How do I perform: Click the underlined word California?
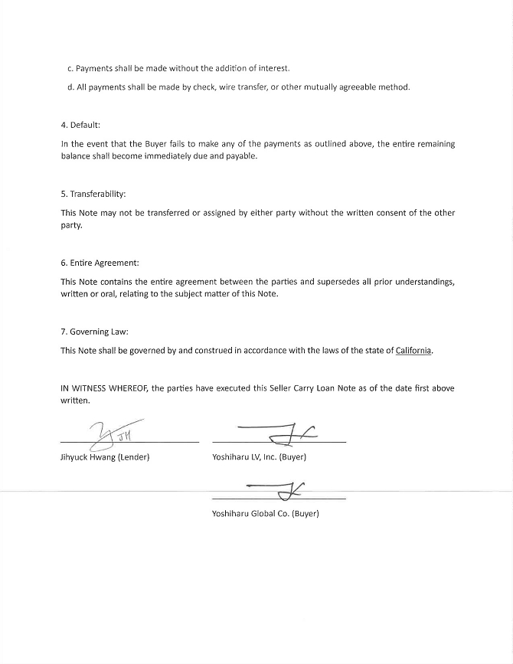pos(413,351)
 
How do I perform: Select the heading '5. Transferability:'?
pos(93,194)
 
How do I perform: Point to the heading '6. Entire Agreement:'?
pos(100,263)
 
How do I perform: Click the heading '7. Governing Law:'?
pos(94,332)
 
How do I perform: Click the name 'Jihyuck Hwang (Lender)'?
pos(105,457)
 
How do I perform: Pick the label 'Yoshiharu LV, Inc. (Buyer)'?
pos(259,457)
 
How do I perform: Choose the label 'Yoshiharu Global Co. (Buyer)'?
pos(265,513)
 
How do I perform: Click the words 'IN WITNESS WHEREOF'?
pos(103,388)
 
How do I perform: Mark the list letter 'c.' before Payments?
pos(70,69)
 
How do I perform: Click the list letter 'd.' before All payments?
pos(70,87)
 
